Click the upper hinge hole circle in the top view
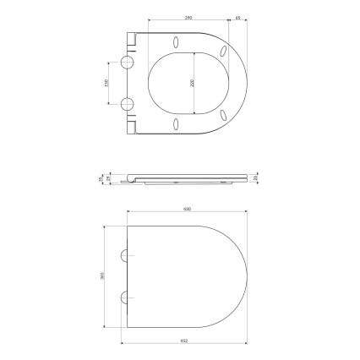[128, 64]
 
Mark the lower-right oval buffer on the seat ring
[223, 115]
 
